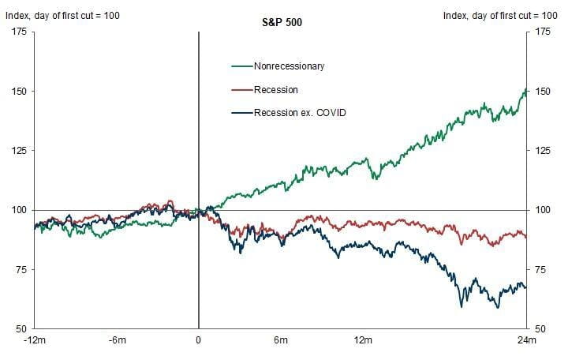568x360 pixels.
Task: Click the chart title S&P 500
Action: [282, 22]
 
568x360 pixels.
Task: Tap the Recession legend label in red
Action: [275, 90]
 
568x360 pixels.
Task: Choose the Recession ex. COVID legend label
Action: [301, 113]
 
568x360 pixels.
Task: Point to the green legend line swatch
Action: [241, 67]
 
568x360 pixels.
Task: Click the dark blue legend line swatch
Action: [241, 113]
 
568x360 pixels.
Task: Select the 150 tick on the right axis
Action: [543, 91]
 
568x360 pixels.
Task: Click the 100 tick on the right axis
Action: [543, 210]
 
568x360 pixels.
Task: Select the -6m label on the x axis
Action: [118, 341]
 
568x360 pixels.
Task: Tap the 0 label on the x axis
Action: [198, 341]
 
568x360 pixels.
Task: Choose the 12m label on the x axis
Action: [363, 341]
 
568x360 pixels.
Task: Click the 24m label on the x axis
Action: [527, 341]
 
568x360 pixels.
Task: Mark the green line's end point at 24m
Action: [526, 90]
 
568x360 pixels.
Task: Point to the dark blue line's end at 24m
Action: [526, 287]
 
